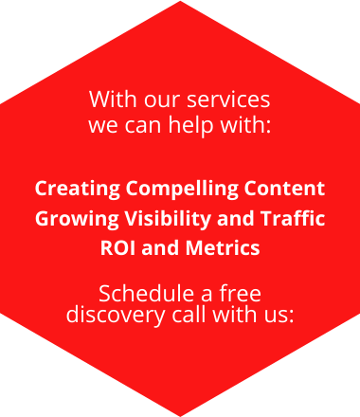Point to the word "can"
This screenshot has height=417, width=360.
(x=142, y=124)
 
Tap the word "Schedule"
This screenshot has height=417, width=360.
(x=146, y=292)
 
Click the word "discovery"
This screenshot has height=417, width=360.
(x=108, y=314)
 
